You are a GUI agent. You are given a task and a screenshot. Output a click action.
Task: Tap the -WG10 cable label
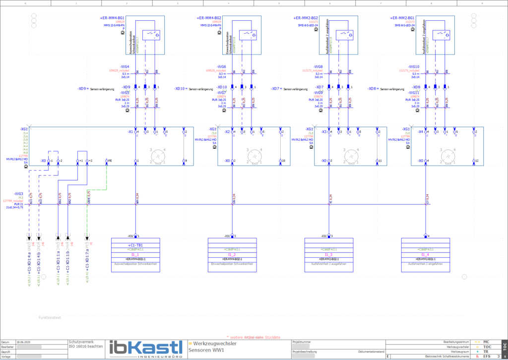pos(414,67)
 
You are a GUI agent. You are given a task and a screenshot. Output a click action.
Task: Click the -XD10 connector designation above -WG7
pos(222,87)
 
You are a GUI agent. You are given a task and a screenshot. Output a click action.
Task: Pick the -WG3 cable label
pos(19,193)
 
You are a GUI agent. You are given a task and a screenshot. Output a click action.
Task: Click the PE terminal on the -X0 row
pos(107,161)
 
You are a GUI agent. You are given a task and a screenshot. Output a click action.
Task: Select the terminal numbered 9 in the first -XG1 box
pos(185,161)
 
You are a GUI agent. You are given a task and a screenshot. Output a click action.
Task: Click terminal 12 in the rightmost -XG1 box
pos(475,161)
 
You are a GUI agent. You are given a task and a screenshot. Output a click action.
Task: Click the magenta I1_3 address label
pos(328,254)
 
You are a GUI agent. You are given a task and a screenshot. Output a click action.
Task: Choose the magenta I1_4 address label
pos(425,254)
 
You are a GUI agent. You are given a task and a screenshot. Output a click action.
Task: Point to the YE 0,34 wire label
pos(331,198)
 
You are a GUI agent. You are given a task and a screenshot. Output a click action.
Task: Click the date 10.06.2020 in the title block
pos(23,342)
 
